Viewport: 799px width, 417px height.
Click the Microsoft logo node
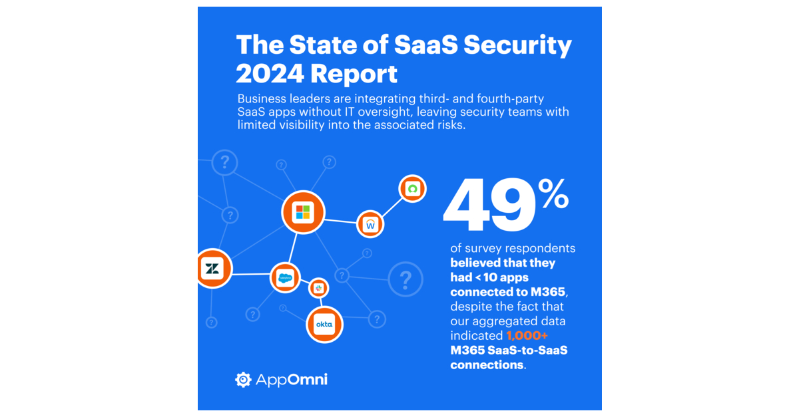coord(303,213)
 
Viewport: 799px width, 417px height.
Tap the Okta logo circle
coord(324,325)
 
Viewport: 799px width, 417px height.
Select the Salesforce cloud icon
coord(286,278)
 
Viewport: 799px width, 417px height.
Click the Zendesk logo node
coord(213,269)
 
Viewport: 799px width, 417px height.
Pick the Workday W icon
coord(371,225)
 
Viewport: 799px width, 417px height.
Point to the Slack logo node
coord(318,288)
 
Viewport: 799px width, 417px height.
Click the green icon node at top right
coord(412,189)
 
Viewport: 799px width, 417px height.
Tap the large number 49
coord(489,206)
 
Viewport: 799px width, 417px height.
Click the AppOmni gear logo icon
coord(243,380)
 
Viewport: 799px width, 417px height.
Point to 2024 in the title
coord(269,74)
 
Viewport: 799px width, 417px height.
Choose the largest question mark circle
coord(405,279)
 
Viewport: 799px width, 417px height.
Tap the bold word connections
coord(487,365)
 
